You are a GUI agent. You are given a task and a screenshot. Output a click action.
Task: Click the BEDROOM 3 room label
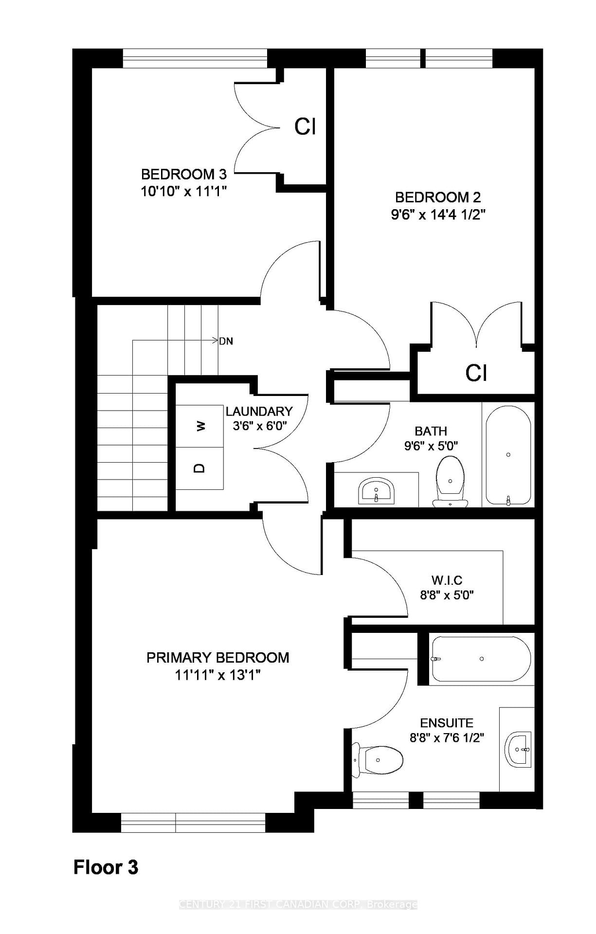[x=184, y=174]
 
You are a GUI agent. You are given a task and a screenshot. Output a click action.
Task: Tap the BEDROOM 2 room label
[x=438, y=197]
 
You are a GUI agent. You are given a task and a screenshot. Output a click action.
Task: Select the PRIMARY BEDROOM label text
[x=218, y=658]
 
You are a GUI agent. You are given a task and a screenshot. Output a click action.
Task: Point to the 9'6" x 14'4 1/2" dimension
[x=438, y=215]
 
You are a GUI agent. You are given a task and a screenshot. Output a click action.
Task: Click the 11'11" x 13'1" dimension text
[x=218, y=675]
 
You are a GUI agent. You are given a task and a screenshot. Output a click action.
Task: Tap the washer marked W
[x=200, y=426]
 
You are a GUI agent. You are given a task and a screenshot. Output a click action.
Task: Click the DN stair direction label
[x=226, y=341]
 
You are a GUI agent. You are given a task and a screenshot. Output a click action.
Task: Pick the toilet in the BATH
[x=450, y=481]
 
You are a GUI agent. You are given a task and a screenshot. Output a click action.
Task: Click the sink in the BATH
[x=376, y=491]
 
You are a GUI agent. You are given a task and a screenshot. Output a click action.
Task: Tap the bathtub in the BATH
[x=508, y=455]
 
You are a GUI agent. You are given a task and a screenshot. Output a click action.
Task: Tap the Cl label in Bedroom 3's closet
[x=306, y=126]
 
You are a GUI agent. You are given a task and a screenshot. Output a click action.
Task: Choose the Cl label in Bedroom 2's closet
[x=476, y=373]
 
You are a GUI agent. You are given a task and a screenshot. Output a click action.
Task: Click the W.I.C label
[x=447, y=580]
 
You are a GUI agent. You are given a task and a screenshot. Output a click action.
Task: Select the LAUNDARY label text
[x=259, y=412]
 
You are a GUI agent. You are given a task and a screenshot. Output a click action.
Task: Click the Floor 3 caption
[x=106, y=867]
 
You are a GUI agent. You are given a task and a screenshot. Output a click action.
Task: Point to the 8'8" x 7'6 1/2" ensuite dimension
[x=447, y=738]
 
